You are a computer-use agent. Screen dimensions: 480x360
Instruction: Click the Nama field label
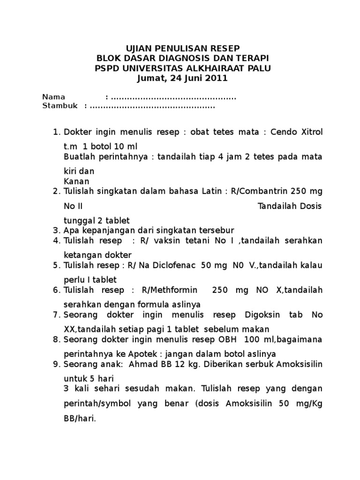click(x=54, y=97)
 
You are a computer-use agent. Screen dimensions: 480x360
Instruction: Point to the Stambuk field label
click(x=60, y=106)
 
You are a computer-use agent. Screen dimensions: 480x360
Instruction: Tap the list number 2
click(x=56, y=191)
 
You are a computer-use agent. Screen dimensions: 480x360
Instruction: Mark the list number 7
click(x=56, y=315)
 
